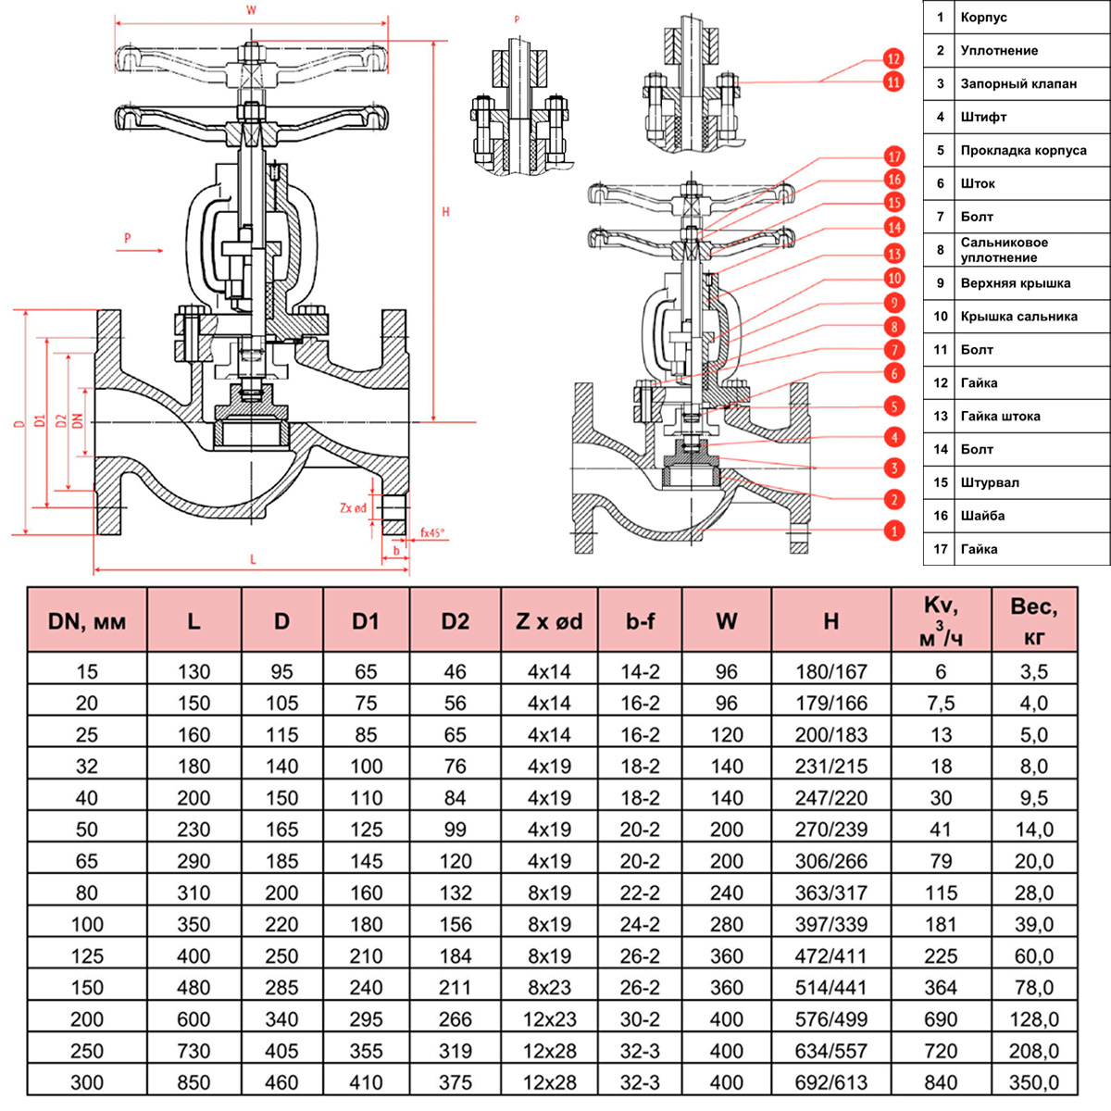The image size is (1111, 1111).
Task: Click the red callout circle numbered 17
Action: point(893,156)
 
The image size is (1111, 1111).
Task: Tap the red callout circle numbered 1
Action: point(893,531)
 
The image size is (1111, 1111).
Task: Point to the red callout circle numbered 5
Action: point(893,406)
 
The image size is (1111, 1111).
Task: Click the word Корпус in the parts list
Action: point(983,18)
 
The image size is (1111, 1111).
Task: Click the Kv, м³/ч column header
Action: point(941,620)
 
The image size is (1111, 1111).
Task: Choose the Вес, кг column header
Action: point(1034,620)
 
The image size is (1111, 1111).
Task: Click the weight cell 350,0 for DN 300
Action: point(1034,1081)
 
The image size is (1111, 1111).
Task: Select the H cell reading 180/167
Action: point(831,671)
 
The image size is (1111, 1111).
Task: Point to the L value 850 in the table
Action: point(193,1081)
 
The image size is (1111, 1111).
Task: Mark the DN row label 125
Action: point(87,955)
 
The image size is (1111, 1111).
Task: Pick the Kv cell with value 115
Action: point(941,893)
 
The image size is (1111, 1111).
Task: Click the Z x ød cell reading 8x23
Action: point(549,987)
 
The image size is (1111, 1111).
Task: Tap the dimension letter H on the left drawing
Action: point(445,212)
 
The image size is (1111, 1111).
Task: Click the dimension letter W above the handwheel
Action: point(251,11)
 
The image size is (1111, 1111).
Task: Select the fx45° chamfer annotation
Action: point(432,532)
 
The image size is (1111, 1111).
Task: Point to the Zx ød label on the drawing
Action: point(354,507)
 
